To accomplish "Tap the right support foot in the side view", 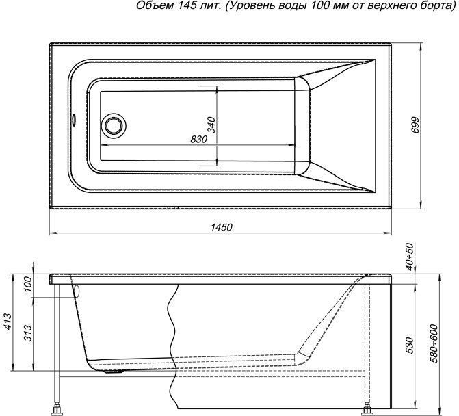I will click(x=371, y=409).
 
